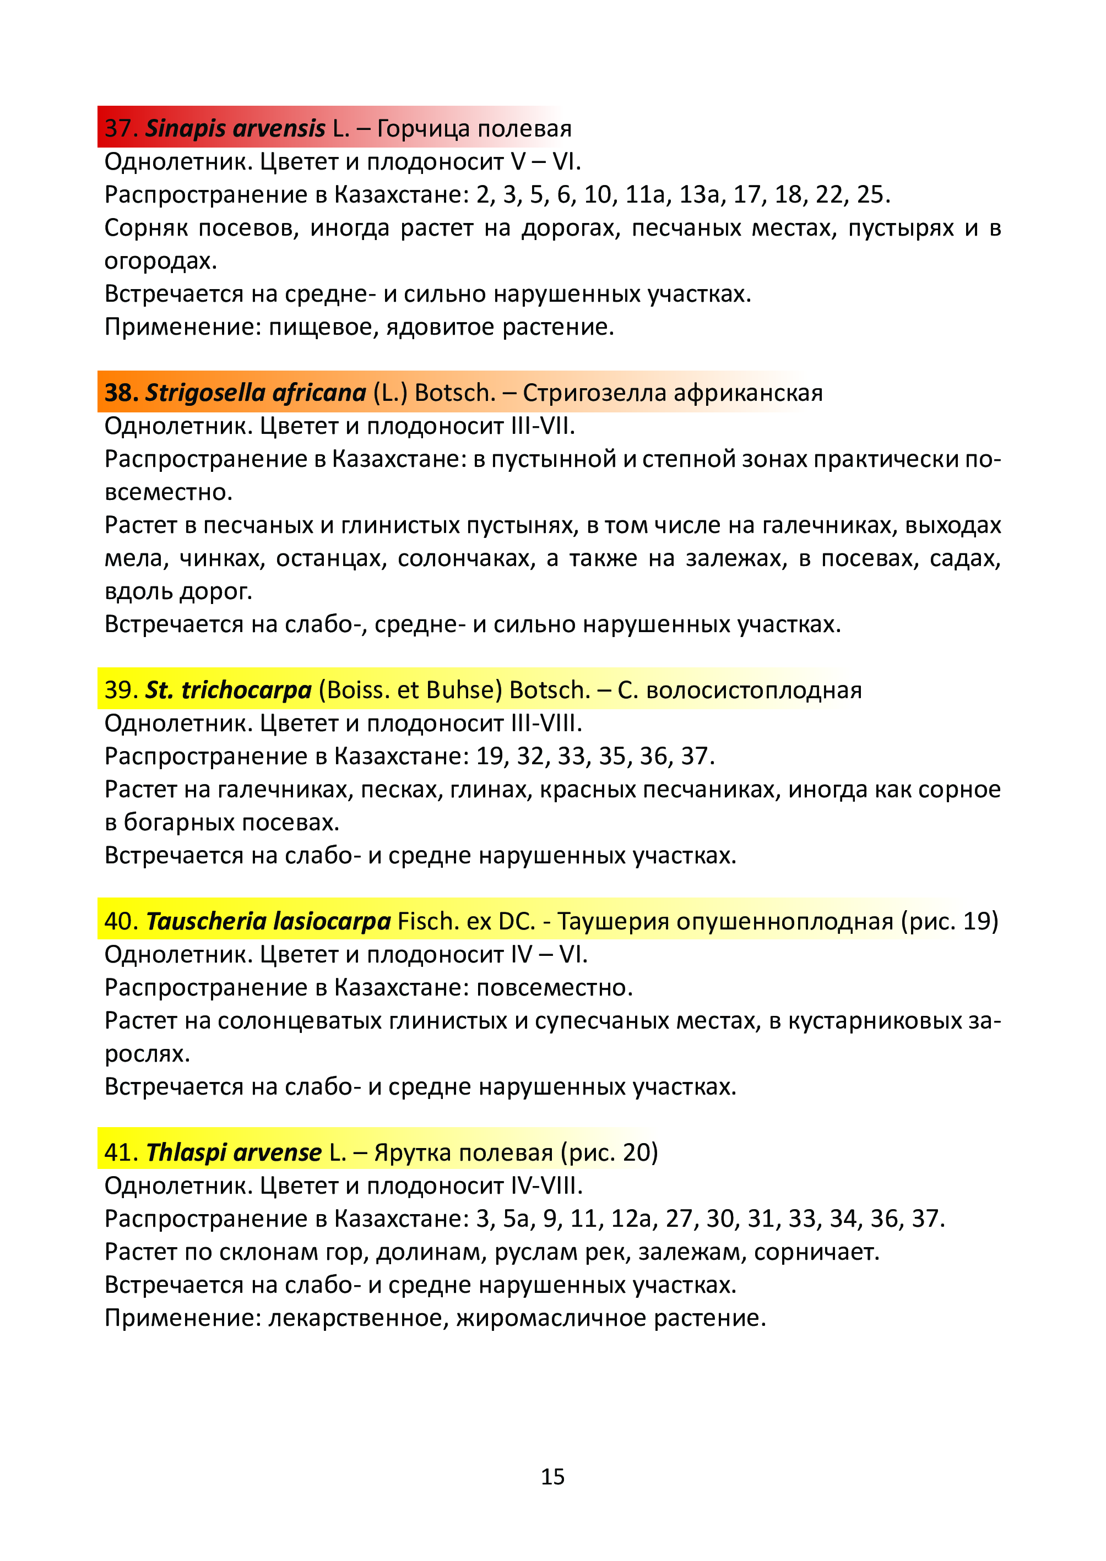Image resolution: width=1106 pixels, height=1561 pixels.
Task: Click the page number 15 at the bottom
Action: (552, 1476)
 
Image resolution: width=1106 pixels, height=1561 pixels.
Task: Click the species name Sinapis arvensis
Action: (235, 128)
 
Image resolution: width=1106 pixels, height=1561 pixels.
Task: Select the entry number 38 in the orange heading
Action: (121, 393)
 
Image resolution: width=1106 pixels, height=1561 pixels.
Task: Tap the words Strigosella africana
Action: (256, 393)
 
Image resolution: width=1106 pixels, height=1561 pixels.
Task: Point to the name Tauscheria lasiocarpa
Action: (268, 921)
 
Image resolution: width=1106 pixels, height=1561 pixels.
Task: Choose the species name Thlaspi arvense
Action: (234, 1152)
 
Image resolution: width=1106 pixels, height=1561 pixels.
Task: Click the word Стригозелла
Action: (578, 393)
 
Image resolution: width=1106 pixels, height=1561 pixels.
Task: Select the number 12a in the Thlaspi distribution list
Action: (631, 1218)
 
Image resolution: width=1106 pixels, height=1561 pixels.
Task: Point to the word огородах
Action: (160, 261)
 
